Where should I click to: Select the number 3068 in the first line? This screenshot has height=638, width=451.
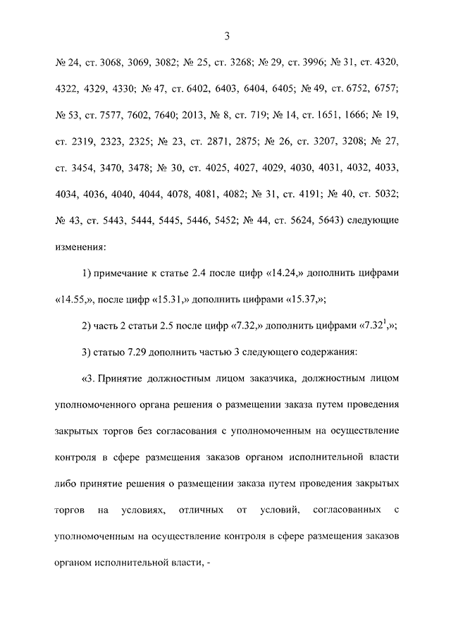(x=116, y=64)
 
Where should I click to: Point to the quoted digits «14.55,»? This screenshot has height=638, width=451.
(x=75, y=299)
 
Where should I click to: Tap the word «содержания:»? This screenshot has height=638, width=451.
(x=329, y=351)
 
